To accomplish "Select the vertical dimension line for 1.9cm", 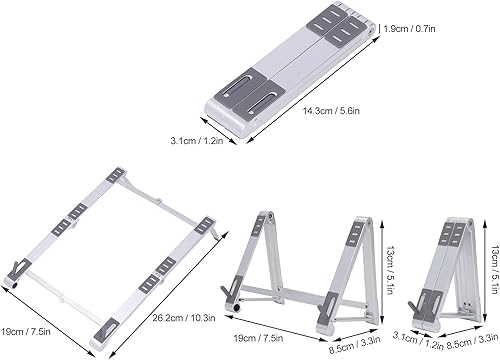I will (x=384, y=30).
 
